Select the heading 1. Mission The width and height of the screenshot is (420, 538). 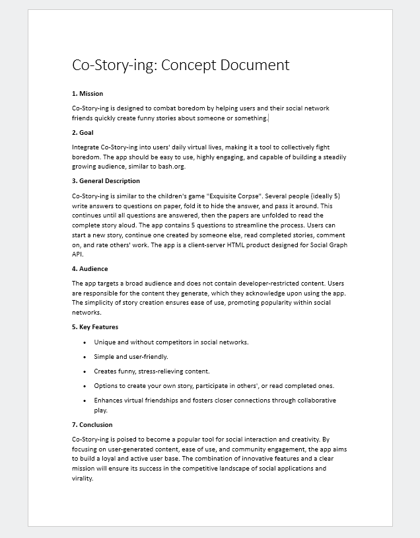[87, 93]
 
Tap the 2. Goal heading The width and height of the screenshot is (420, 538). [83, 132]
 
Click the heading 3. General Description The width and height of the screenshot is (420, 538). [106, 180]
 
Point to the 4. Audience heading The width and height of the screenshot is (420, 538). [90, 268]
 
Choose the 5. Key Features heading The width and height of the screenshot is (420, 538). [95, 327]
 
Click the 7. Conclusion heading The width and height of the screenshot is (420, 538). [92, 424]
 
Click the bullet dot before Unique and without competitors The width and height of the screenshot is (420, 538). [85, 342]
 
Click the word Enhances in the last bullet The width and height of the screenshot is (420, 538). [109, 401]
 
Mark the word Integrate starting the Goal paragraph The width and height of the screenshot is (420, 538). [86, 147]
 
